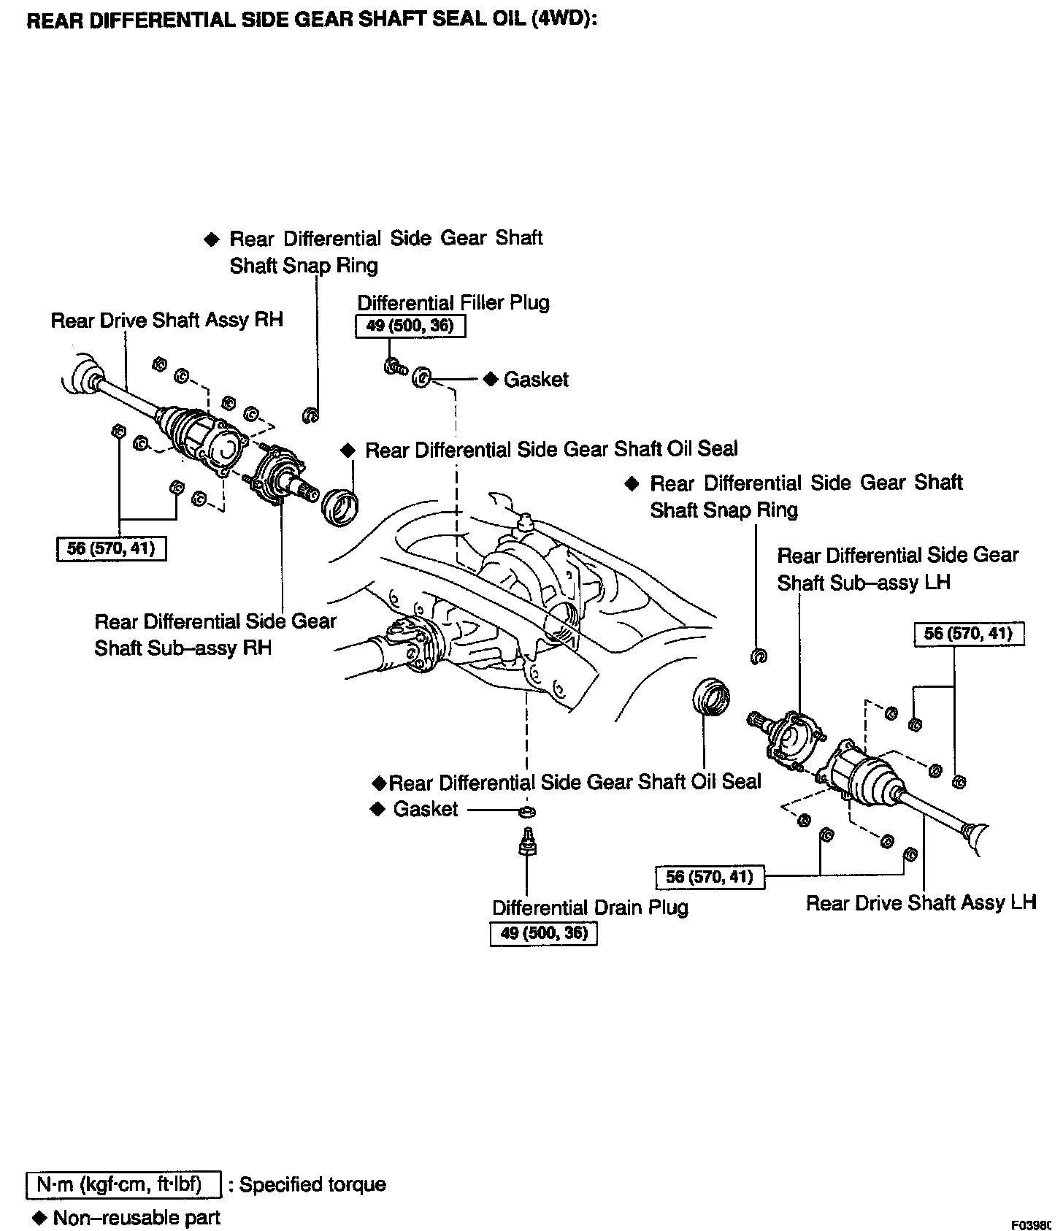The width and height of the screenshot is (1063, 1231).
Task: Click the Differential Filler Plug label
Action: tap(453, 302)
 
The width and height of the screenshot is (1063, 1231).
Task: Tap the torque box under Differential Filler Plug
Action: tap(410, 326)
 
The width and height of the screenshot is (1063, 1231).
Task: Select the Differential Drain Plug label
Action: tap(590, 908)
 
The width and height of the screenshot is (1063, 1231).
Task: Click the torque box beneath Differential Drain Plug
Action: tap(543, 933)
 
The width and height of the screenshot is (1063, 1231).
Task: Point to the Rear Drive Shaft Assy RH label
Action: tap(166, 320)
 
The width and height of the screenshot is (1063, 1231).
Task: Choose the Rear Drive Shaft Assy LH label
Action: tap(921, 902)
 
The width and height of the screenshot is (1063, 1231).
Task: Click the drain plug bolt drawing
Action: tap(527, 844)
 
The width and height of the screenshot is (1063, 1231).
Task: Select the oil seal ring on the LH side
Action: tap(710, 697)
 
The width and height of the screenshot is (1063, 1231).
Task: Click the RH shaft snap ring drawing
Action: tap(310, 415)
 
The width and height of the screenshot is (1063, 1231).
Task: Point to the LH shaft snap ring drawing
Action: tap(759, 656)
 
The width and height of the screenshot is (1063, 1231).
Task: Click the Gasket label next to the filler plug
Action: tap(536, 380)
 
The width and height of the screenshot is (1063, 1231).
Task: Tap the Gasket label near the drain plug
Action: tap(425, 809)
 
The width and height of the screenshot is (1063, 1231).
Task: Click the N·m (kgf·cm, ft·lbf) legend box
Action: tap(123, 1184)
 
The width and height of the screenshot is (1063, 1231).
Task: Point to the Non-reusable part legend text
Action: tap(137, 1217)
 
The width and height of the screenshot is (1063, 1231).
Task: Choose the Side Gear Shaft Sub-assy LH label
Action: tap(897, 569)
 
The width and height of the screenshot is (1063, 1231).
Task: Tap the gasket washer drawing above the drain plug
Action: tap(528, 811)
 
